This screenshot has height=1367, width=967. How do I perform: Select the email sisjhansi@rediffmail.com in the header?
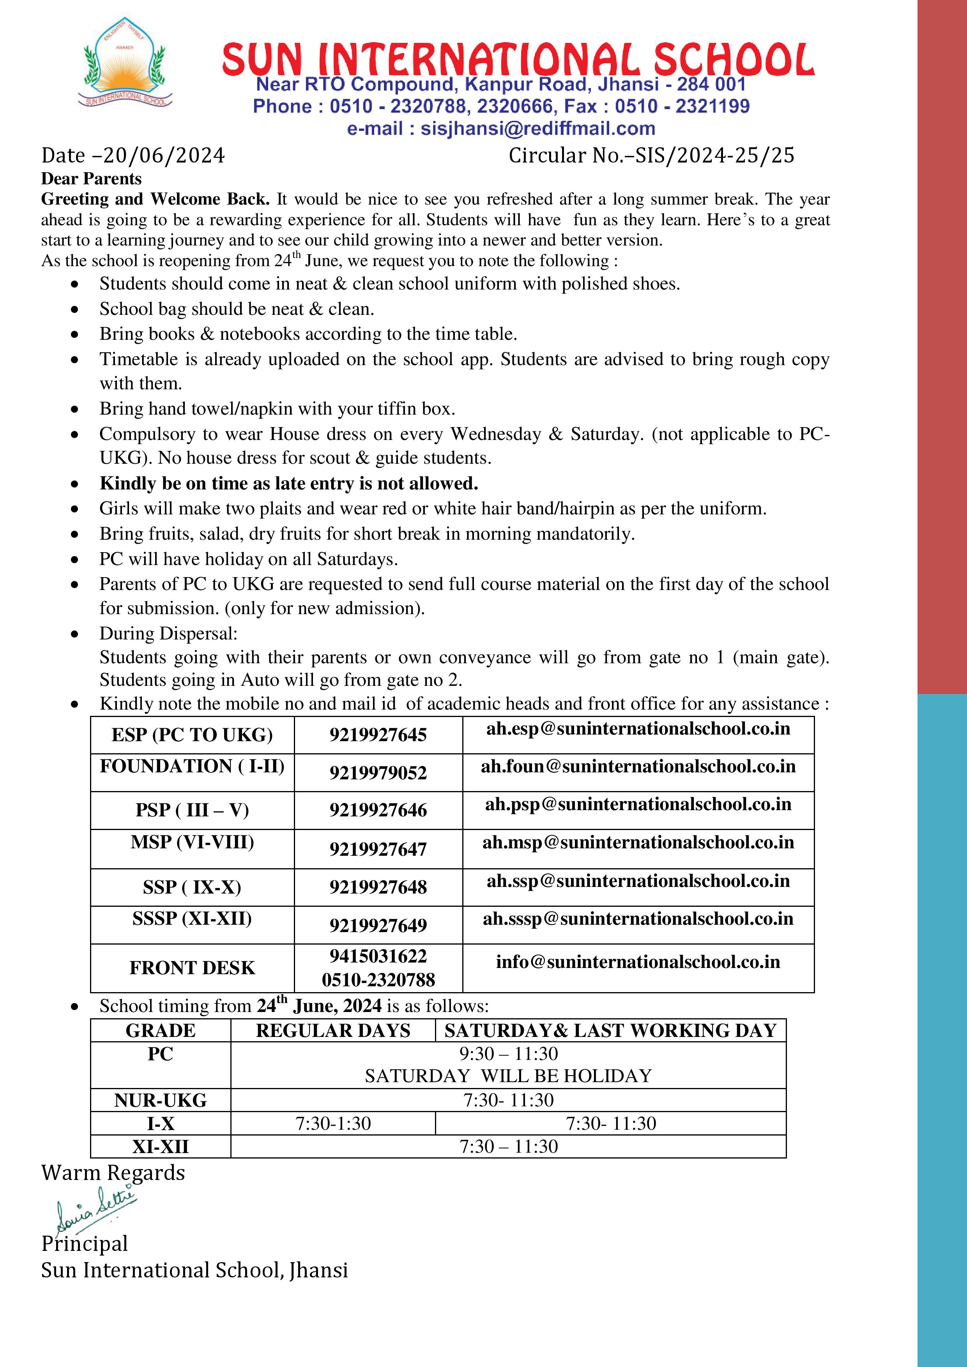tap(538, 129)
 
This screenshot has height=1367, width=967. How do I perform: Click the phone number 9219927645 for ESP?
tap(378, 735)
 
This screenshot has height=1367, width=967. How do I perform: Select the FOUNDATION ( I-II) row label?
tap(192, 766)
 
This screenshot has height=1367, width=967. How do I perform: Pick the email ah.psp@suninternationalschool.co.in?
tap(638, 804)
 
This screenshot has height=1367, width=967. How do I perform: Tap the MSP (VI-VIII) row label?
tap(192, 842)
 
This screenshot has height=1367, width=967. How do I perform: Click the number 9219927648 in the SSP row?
tap(378, 887)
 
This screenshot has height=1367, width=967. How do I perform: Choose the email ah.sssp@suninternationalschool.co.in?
tap(638, 919)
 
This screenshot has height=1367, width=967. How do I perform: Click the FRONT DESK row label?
tap(192, 968)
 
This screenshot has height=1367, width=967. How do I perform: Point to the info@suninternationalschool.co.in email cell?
tap(638, 962)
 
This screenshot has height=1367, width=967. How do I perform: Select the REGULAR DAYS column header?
tap(333, 1031)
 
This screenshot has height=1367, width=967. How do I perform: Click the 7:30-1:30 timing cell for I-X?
tap(333, 1123)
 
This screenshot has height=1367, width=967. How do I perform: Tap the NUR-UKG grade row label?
tap(160, 1100)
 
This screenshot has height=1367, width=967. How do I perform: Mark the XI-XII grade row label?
tap(160, 1147)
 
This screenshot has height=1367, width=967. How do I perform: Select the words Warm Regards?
tap(113, 1173)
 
